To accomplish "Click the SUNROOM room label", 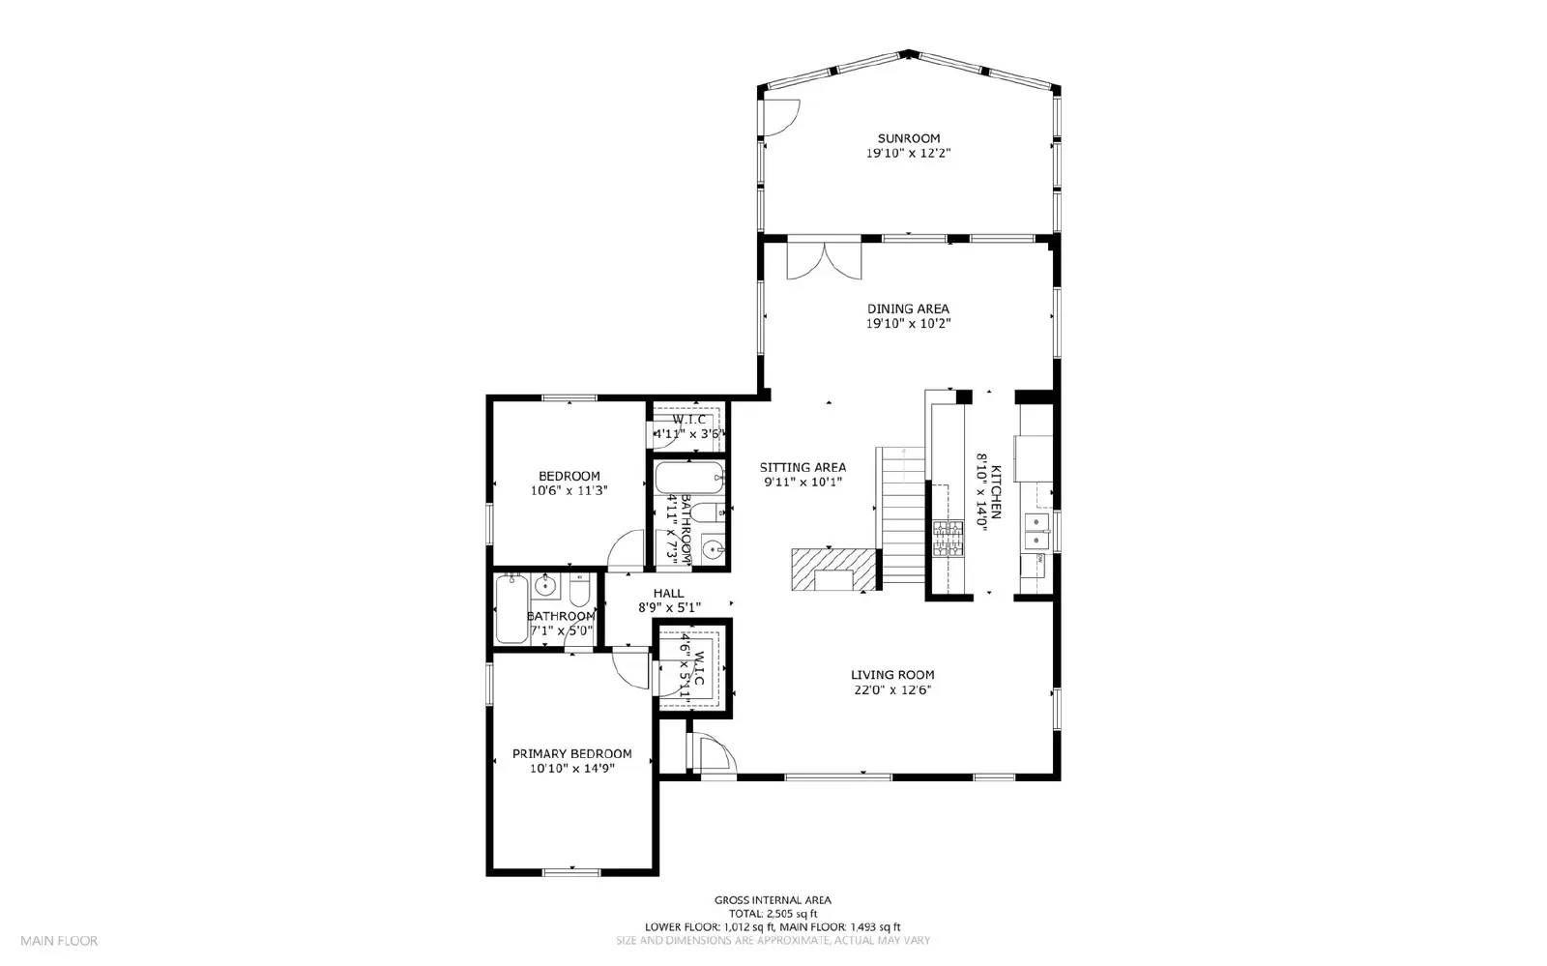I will tap(908, 138).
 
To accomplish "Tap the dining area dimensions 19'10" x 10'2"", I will tap(908, 324).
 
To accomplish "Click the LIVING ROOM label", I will tap(892, 675).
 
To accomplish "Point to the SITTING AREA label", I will tap(803, 467).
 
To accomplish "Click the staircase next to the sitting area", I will tap(902, 517).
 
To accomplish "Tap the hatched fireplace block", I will tap(833, 569).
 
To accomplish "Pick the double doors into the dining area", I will tap(824, 259).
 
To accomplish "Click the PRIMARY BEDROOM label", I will tap(571, 754).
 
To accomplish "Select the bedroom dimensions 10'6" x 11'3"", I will tap(569, 490).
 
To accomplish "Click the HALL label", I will tap(668, 594).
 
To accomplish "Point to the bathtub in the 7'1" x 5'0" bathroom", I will tap(511, 609).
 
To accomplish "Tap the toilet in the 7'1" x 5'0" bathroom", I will tap(579, 589).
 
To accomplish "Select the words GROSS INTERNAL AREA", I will tap(773, 900).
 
